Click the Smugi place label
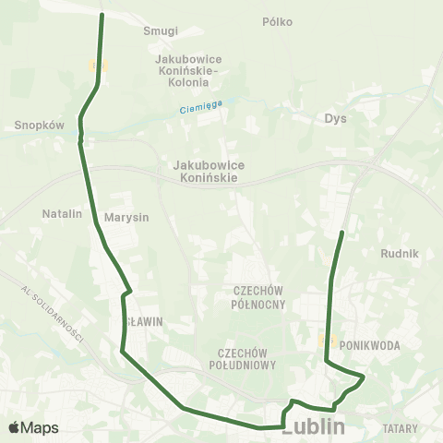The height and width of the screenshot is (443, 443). point(161,30)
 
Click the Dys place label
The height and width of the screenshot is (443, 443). point(335,118)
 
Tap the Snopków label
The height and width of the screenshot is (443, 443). point(39,126)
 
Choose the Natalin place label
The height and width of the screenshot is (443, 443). point(63,213)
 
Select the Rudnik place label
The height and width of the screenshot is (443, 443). point(400,253)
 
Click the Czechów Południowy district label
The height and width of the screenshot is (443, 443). point(247,359)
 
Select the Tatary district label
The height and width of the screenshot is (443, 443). point(400,428)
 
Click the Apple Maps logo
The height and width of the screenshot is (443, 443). point(33,428)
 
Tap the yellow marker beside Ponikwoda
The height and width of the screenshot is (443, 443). point(325,341)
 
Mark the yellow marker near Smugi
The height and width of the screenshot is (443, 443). point(99,65)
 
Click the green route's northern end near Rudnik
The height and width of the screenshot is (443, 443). point(342,232)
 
